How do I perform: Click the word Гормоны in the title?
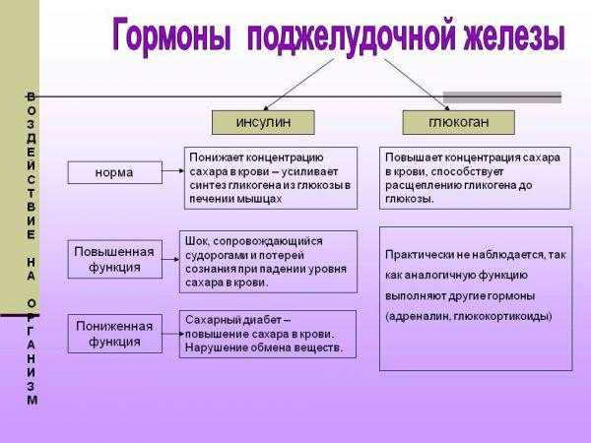170,36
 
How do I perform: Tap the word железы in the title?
514,35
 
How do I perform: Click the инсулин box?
263,122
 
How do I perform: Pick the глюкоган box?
458,122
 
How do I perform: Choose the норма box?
115,172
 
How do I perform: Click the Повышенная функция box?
115,259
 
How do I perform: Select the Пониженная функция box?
115,334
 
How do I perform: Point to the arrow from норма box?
173,170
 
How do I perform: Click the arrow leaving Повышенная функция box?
170,259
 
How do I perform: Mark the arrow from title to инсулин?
298,85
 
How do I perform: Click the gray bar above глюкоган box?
502,97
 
